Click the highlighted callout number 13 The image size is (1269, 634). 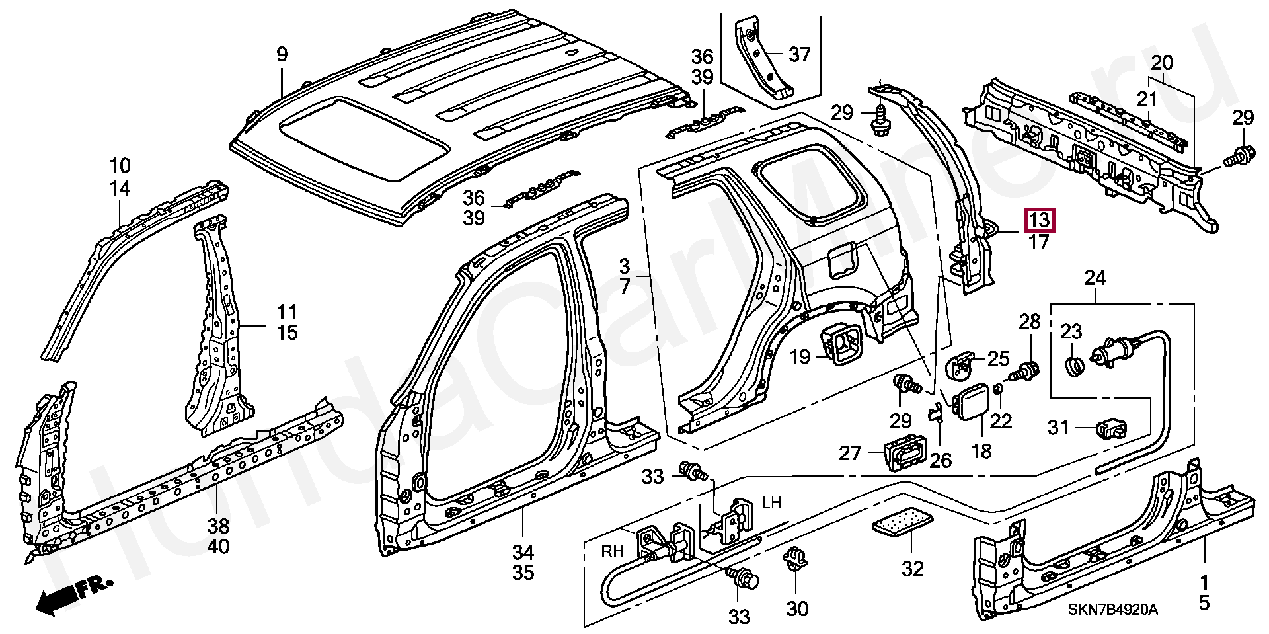[1040, 219]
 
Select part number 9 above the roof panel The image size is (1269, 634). [282, 54]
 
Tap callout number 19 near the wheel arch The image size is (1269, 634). [800, 358]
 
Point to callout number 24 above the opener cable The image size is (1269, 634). [1095, 278]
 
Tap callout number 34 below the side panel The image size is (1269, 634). [523, 552]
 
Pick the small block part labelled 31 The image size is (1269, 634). [1112, 429]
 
